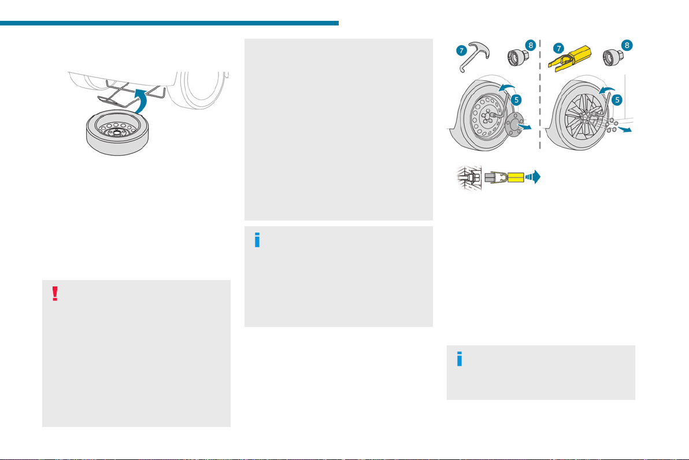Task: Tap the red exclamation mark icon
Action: point(55,294)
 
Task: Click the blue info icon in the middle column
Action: point(257,241)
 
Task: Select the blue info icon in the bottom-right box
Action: point(460,359)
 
